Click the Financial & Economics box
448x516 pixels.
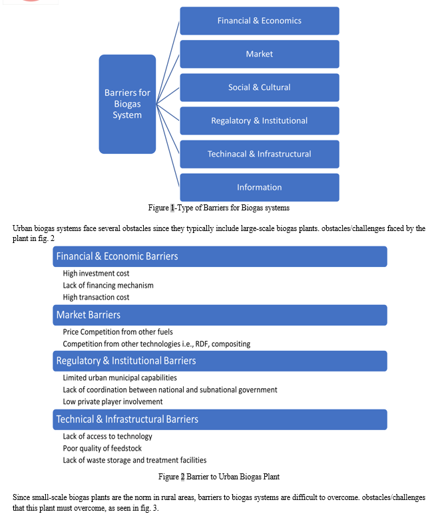coord(260,21)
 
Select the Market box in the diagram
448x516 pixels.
coord(260,54)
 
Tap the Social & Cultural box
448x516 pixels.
coord(260,87)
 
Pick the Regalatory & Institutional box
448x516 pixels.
coord(260,121)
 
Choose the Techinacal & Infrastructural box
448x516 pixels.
coord(260,154)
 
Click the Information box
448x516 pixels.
coord(260,188)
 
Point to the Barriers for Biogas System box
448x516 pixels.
coord(127,104)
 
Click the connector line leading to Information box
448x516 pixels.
coord(168,145)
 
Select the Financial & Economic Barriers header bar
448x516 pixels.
coord(220,256)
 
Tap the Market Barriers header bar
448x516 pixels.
coord(220,315)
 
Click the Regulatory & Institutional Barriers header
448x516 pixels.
coord(220,361)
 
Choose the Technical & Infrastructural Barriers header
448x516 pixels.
coord(220,419)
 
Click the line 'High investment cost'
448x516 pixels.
coord(96,274)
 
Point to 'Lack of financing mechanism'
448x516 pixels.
coord(109,286)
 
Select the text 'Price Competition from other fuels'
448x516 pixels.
coord(118,332)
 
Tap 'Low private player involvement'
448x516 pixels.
coord(112,401)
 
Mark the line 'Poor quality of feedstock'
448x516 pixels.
coord(103,448)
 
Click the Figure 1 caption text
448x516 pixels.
coord(219,208)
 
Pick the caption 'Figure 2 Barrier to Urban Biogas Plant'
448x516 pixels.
coord(219,477)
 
